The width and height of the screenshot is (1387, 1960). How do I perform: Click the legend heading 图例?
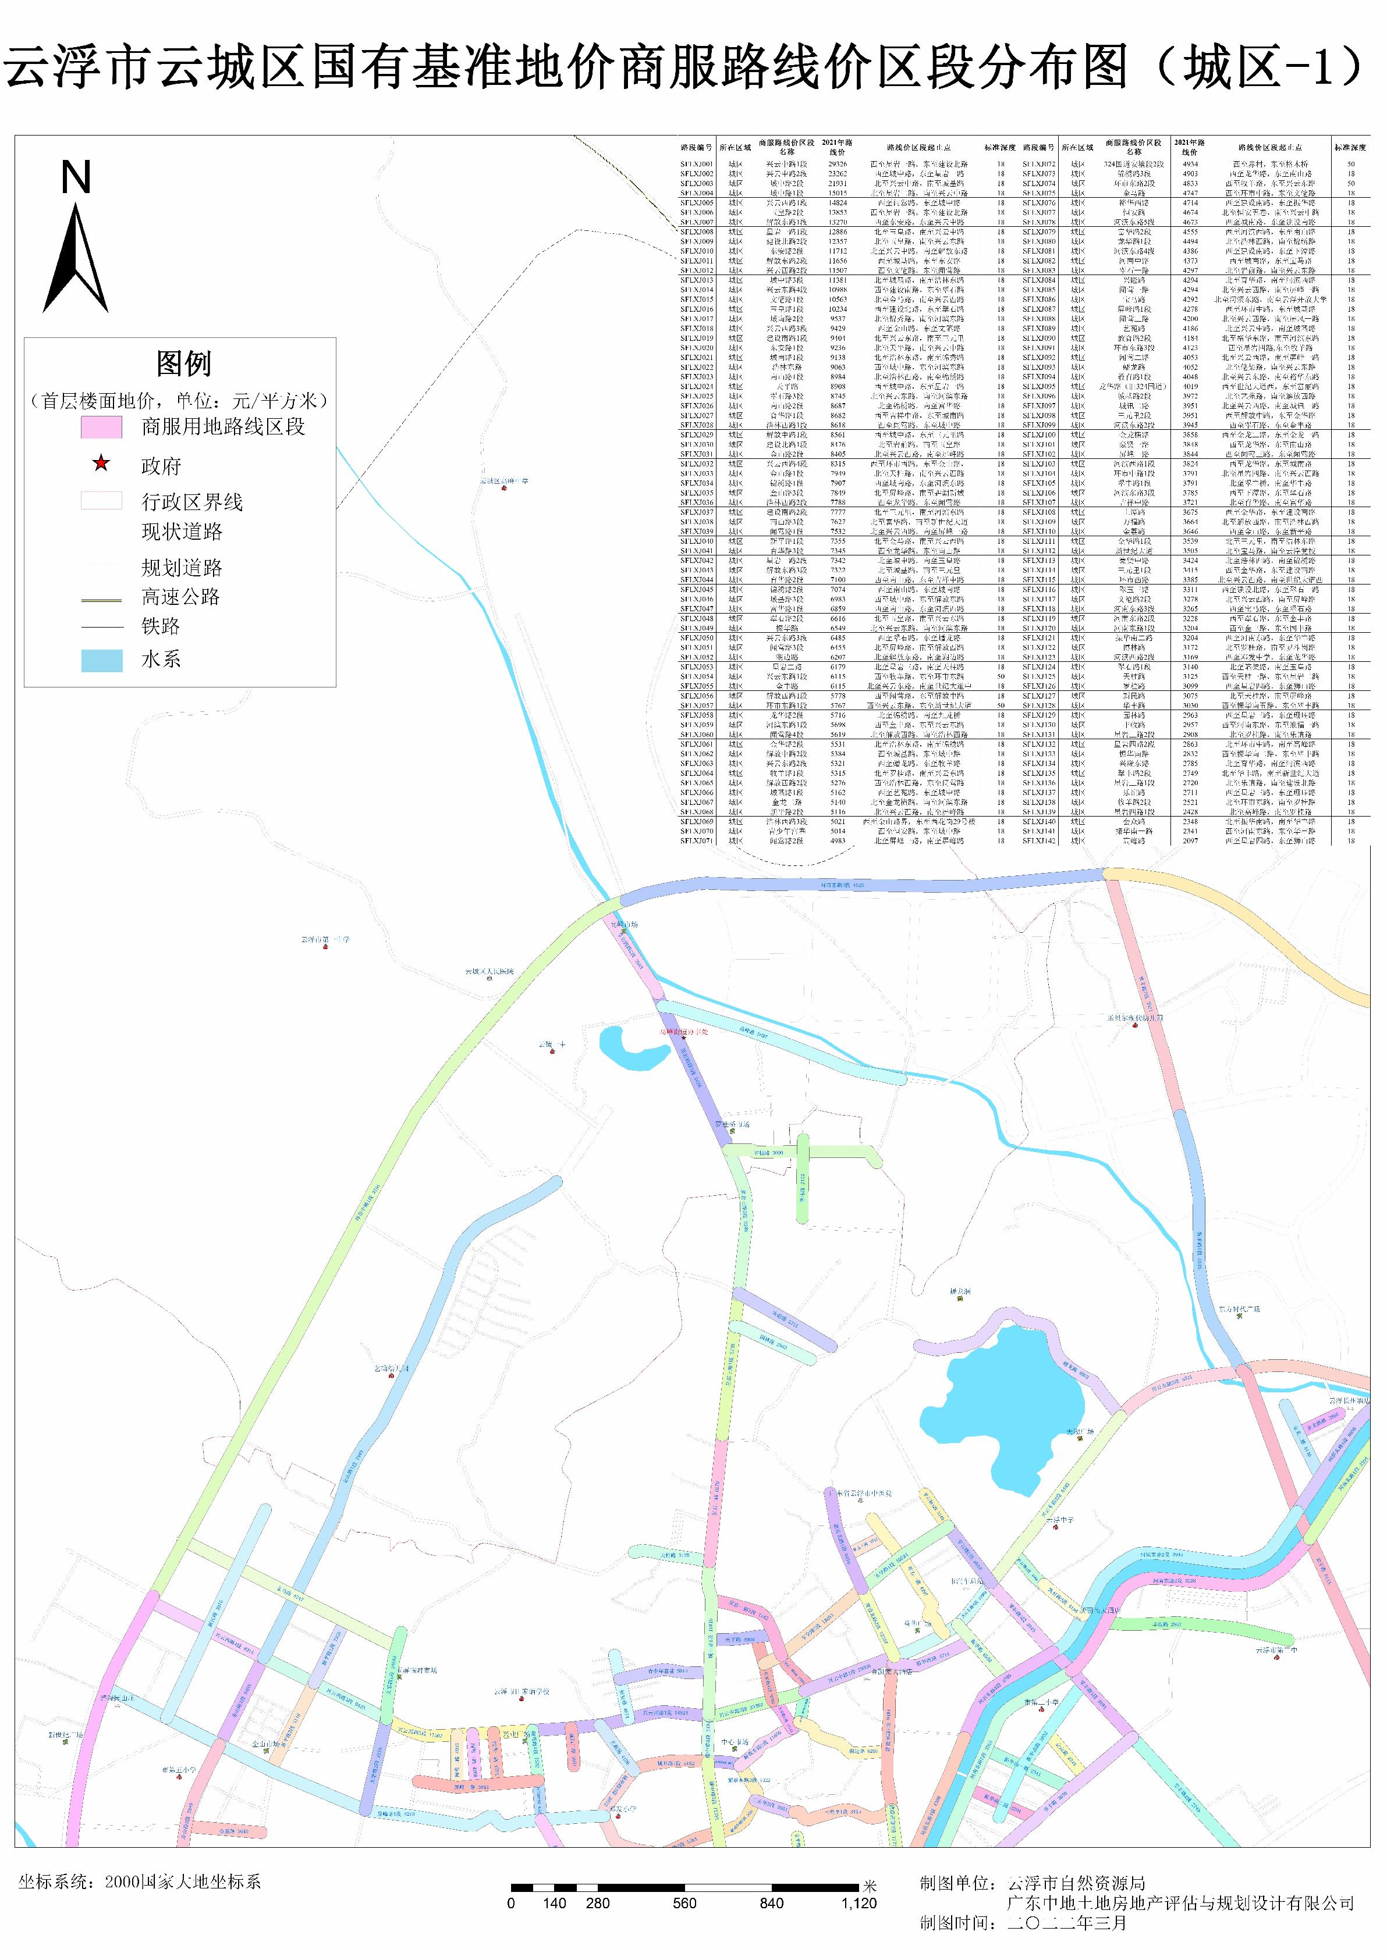pos(183,364)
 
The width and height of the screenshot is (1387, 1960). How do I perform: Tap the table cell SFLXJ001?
pos(696,164)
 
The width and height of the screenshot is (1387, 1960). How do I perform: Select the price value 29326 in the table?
pos(837,164)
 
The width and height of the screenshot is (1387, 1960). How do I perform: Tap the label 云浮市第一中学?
pos(325,940)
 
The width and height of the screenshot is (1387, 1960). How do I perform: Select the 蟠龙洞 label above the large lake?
pos(960,1292)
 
